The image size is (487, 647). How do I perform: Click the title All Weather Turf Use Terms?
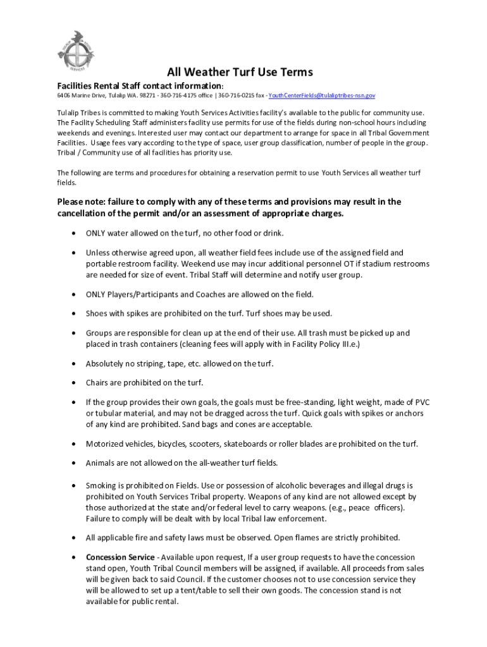(240, 72)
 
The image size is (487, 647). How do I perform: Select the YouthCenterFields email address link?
(322, 96)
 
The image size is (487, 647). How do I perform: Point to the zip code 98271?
(147, 96)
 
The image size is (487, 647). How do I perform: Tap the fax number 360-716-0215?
(235, 96)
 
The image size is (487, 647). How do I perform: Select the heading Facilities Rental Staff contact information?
(140, 85)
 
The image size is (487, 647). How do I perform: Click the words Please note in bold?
(81, 202)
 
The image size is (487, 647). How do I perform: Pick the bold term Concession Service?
(120, 557)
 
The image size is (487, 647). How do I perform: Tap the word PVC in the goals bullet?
(405, 402)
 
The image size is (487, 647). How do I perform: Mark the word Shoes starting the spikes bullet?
(97, 313)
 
